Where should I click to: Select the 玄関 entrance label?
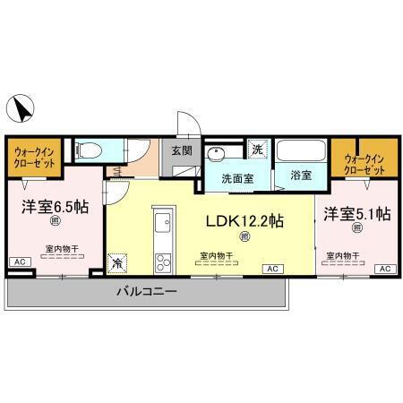pyautogui.click(x=181, y=151)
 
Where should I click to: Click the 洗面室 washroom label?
pyautogui.click(x=237, y=177)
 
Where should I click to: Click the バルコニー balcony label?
pyautogui.click(x=146, y=292)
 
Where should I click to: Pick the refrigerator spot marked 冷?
pyautogui.click(x=117, y=263)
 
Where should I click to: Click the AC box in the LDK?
pyautogui.click(x=270, y=268)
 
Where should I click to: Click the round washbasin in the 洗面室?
pyautogui.click(x=216, y=153)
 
